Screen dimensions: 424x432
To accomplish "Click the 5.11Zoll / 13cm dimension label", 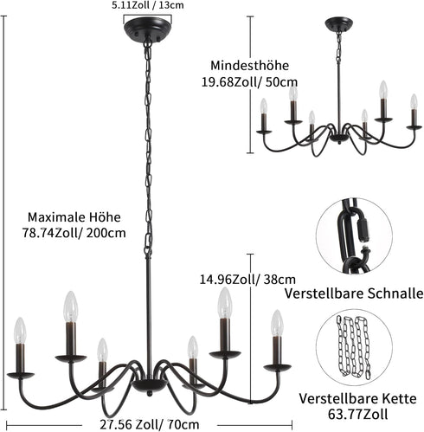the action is pyautogui.click(x=148, y=5).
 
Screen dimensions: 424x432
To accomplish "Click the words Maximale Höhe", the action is pyautogui.click(x=74, y=217).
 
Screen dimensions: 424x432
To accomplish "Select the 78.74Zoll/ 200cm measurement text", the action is pyautogui.click(x=74, y=233).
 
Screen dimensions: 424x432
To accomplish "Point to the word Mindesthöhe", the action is pyautogui.click(x=249, y=66).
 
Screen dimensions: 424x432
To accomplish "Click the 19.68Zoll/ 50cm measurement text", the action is pyautogui.click(x=249, y=82).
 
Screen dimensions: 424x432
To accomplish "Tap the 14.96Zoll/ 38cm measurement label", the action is pyautogui.click(x=247, y=280).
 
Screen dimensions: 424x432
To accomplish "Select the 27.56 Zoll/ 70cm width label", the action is pyautogui.click(x=150, y=424).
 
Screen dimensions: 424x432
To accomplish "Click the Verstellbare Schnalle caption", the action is pyautogui.click(x=354, y=293).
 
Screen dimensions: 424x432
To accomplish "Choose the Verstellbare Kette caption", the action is pyautogui.click(x=357, y=398).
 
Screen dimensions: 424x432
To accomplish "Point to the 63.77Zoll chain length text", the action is pyautogui.click(x=357, y=415).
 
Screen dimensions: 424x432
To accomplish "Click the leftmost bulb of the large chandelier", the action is pyautogui.click(x=20, y=331).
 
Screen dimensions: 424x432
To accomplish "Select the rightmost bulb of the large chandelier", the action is pyautogui.click(x=277, y=323).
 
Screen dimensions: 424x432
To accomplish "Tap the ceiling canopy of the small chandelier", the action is pyautogui.click(x=339, y=23).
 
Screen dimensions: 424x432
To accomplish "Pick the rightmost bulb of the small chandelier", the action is pyautogui.click(x=414, y=101).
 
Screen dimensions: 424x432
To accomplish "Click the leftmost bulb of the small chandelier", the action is pyautogui.click(x=264, y=106).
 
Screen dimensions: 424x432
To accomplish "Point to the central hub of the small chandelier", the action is pyautogui.click(x=339, y=138).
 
